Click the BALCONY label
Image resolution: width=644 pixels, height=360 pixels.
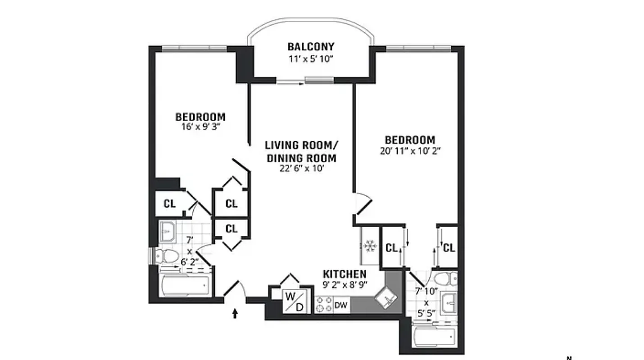point(311,47)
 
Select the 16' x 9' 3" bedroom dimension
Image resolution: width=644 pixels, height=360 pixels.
point(200,127)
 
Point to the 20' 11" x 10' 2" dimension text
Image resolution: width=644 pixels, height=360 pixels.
point(409,151)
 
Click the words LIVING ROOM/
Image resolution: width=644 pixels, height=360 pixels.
point(301,145)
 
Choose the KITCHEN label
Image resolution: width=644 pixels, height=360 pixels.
point(345,274)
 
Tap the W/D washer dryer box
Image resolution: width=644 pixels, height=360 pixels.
point(296,301)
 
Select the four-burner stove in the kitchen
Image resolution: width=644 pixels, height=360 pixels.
point(323,304)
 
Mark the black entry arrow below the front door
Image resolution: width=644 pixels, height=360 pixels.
point(235,313)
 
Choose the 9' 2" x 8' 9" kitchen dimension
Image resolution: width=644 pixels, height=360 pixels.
point(345,284)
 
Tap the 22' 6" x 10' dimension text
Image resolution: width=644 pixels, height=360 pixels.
point(301,169)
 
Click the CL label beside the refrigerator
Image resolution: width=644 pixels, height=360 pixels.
point(391,247)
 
